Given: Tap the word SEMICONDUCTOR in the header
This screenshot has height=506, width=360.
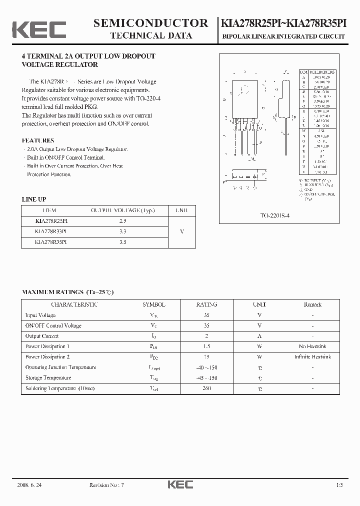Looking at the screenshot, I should coord(150,23).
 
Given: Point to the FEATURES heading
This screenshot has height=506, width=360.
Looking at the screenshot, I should coord(38,140).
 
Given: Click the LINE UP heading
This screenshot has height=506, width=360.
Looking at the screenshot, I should coord(34,199).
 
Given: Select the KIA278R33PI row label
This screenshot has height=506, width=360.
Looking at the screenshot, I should coord(51,231).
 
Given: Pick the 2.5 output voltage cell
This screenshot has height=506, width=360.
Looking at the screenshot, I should coord(123,221).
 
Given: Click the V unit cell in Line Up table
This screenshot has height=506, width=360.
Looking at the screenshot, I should coord(181,231).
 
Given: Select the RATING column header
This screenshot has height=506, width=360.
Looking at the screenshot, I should coord(206,304).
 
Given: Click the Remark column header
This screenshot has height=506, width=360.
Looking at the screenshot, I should coord(312,304).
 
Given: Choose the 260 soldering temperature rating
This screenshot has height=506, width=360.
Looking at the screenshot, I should coord(206,388).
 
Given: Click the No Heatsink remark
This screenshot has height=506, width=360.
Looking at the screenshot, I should coord(312,346).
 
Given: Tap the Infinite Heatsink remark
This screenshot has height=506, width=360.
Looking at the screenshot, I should coord(312,357).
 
